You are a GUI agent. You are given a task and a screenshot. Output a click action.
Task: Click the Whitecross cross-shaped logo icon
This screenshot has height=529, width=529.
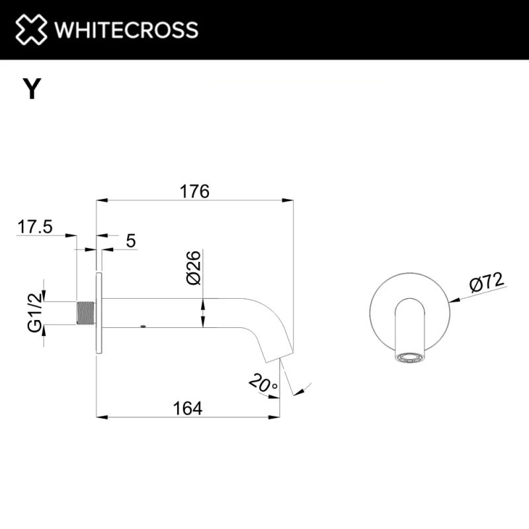[x=32, y=30]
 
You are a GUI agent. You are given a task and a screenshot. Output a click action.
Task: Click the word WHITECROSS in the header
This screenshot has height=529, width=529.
[x=126, y=30]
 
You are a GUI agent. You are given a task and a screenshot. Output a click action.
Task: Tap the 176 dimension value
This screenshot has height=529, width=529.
[x=194, y=192]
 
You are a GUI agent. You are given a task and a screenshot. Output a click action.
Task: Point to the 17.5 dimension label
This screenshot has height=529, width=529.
[x=35, y=227]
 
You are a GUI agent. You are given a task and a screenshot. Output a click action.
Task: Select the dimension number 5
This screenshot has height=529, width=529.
[x=130, y=241]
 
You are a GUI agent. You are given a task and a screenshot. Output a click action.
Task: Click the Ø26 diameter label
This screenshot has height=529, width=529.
[x=193, y=268]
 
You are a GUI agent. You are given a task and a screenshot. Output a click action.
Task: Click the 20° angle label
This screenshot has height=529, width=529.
[x=263, y=383]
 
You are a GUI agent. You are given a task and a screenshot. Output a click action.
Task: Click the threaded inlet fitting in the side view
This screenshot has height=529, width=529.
[x=86, y=313]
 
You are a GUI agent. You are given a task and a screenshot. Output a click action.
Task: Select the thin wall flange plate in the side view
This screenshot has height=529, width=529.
[x=99, y=313]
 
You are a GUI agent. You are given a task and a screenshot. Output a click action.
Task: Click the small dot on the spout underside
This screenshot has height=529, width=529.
[x=142, y=326]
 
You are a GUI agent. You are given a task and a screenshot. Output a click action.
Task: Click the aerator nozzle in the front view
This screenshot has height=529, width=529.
[x=411, y=358]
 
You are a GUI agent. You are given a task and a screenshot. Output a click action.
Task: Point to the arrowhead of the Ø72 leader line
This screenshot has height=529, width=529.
[x=454, y=299]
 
